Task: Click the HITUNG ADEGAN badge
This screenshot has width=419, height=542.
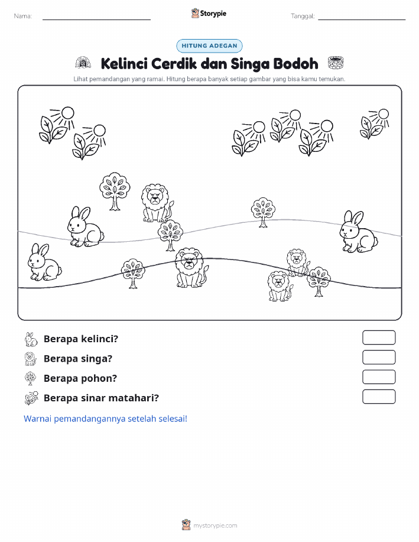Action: [209, 46]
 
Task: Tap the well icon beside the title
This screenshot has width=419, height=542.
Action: [335, 63]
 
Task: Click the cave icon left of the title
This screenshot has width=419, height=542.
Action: [83, 63]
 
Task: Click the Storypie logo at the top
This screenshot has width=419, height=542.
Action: [209, 14]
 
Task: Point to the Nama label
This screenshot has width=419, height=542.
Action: [23, 16]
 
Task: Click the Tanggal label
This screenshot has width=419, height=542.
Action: [303, 16]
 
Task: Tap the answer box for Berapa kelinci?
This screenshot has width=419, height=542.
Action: [379, 337]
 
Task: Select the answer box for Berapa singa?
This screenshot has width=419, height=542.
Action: [379, 358]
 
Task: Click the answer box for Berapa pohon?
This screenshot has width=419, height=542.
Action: [379, 377]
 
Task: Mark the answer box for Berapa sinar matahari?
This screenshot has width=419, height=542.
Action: [379, 397]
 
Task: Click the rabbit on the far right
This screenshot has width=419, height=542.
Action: [358, 232]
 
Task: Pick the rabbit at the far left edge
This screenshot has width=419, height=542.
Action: [44, 262]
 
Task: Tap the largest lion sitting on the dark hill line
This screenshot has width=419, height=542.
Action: [191, 268]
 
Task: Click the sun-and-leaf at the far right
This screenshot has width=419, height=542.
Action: [375, 124]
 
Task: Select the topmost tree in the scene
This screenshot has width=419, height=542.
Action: [115, 191]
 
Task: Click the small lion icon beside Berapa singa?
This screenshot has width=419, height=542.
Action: [31, 359]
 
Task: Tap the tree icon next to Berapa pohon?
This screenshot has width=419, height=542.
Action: [30, 378]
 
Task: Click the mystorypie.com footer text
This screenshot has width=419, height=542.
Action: [215, 525]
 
